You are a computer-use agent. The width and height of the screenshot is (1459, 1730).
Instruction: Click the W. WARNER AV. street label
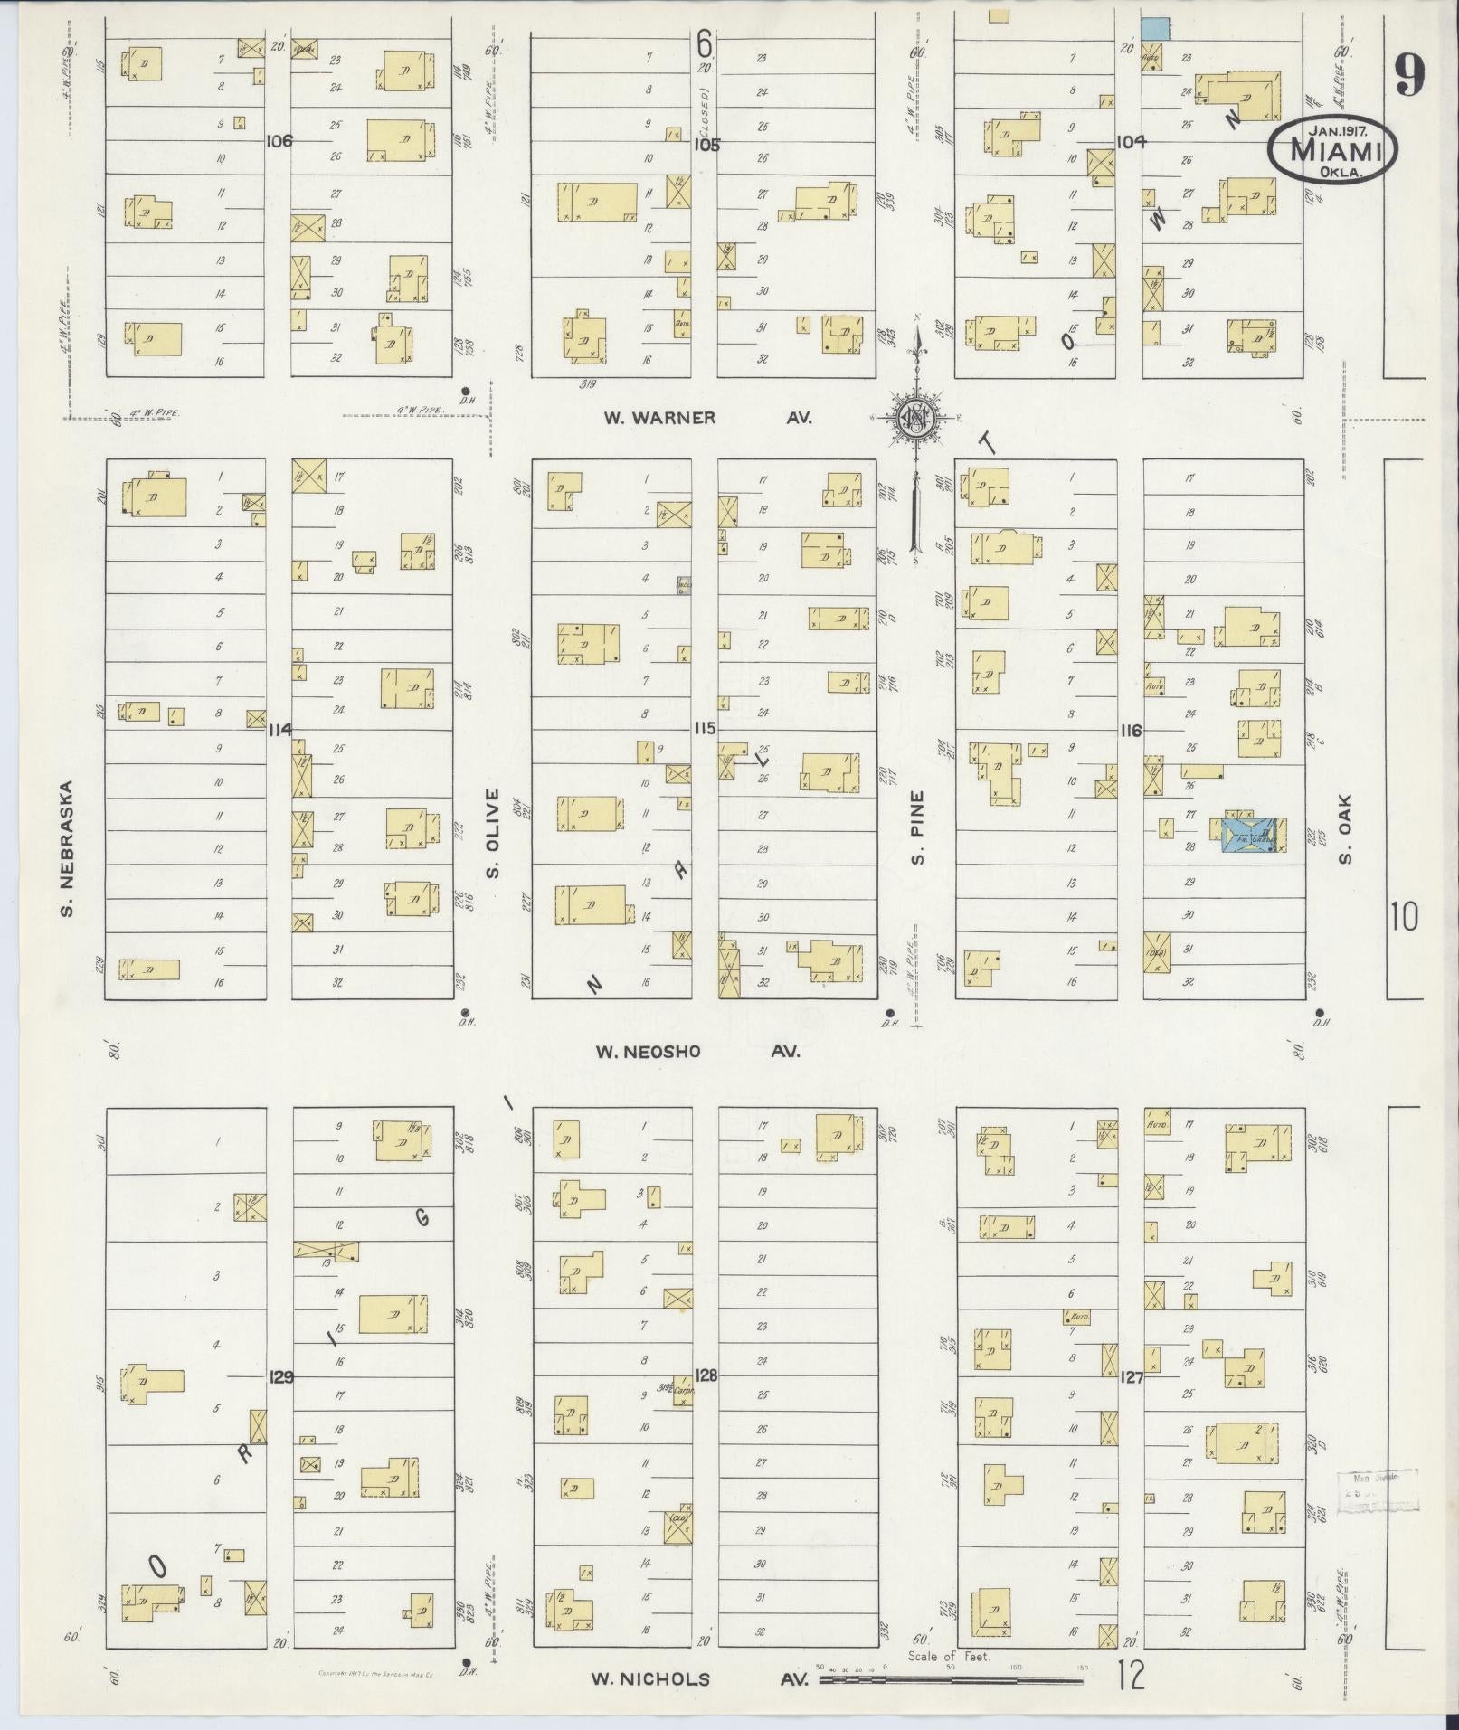pos(708,418)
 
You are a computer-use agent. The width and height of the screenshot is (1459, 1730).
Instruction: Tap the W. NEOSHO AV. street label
pos(698,1052)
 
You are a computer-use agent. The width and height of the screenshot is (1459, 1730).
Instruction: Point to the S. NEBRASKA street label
pos(66,847)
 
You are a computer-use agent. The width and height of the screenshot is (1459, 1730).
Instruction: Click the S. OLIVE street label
pos(493,832)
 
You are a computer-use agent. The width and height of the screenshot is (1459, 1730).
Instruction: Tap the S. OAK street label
pos(1344,828)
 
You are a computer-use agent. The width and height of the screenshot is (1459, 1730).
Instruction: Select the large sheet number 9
pos(1408,74)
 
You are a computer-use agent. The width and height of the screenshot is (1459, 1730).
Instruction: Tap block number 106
pos(280,142)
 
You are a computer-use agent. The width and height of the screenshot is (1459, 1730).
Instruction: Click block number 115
pos(705,728)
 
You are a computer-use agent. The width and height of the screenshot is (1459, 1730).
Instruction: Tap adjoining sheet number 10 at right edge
pos(1404,918)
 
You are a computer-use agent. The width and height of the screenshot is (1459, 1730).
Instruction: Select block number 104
pos(1131,142)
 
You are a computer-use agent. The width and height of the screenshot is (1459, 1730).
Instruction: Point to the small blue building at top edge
pos(1152,27)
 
